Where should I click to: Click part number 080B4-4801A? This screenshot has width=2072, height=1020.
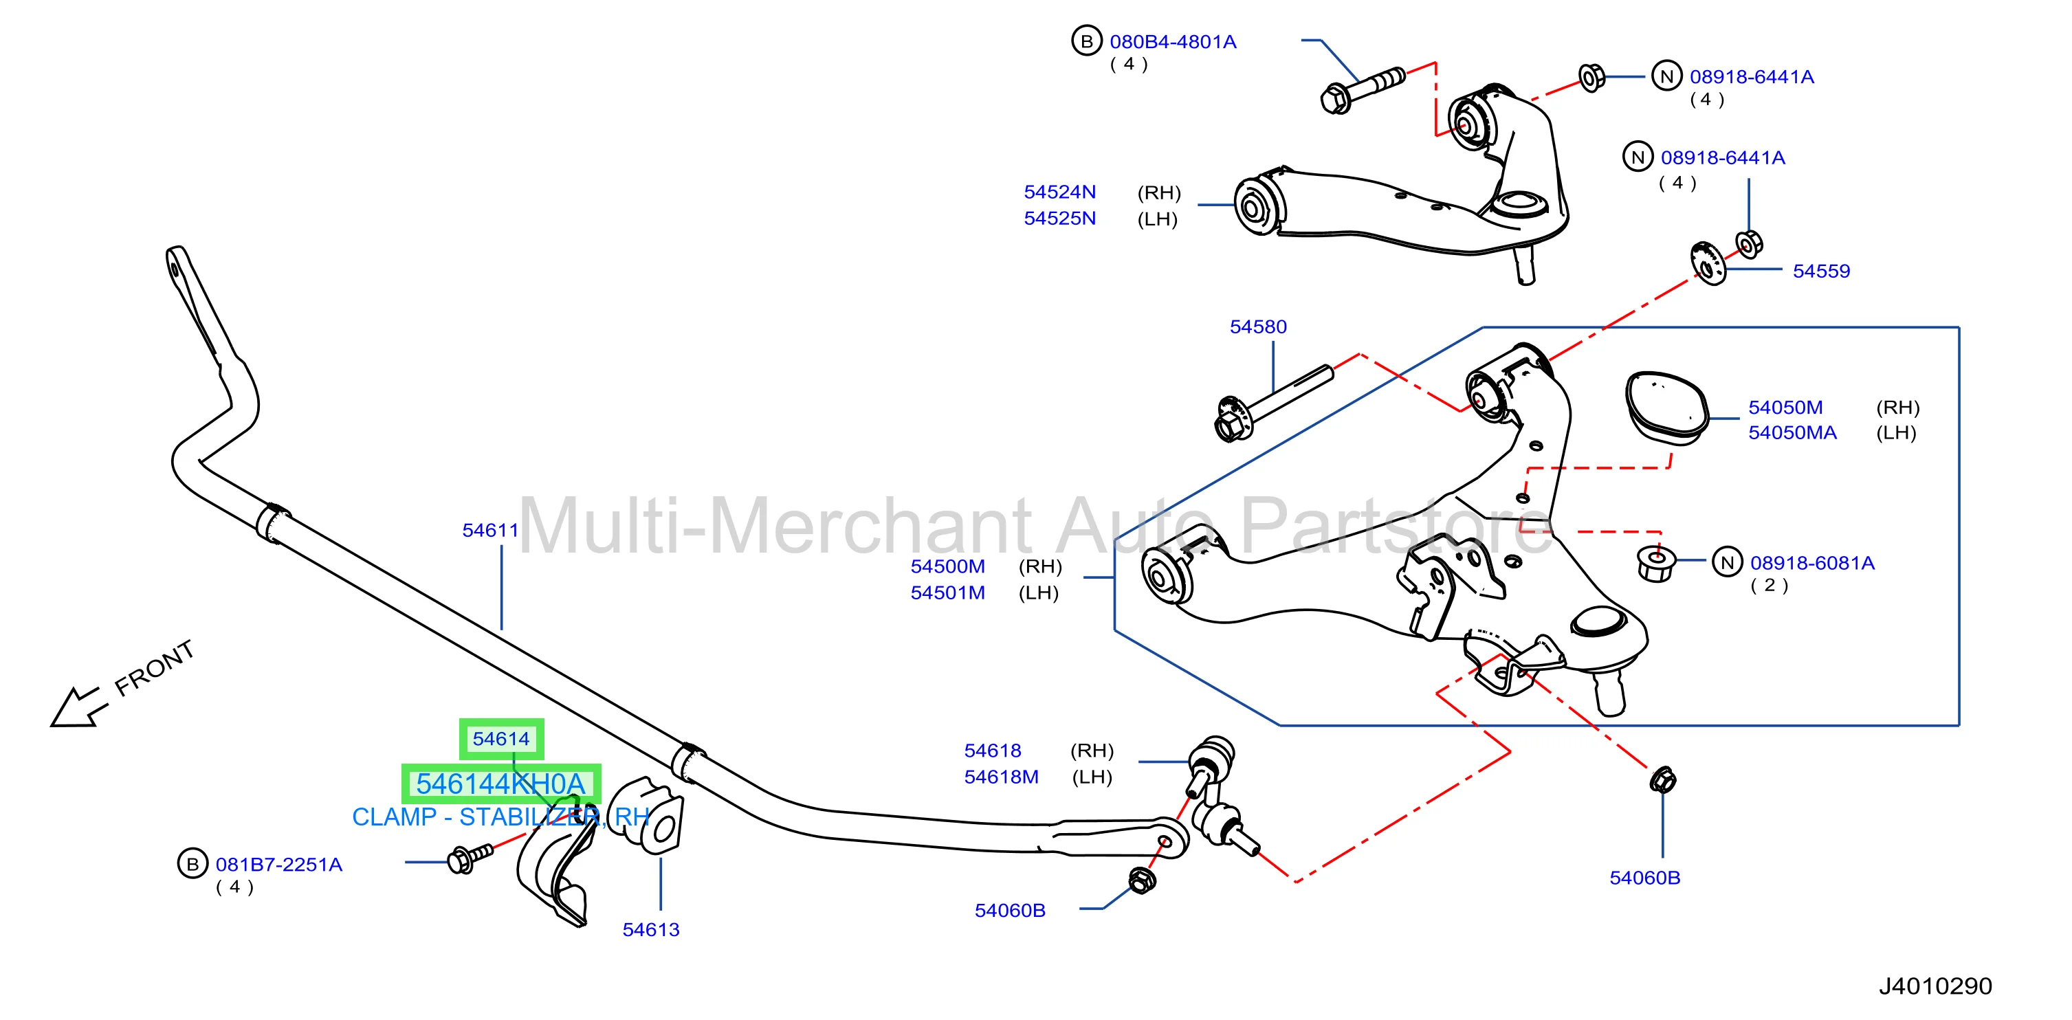click(1172, 42)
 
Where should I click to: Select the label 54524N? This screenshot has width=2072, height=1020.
click(1059, 192)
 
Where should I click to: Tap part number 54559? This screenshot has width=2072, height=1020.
click(1821, 271)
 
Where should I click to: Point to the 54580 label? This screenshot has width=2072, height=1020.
click(1258, 326)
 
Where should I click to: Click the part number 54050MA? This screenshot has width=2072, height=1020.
click(1792, 433)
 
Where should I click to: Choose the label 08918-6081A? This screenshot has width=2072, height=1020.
click(1812, 563)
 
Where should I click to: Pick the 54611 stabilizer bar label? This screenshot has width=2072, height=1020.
click(490, 530)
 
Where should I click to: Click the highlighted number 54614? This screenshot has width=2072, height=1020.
click(501, 738)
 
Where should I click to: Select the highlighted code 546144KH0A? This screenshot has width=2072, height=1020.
click(500, 784)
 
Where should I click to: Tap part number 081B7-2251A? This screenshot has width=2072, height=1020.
click(278, 865)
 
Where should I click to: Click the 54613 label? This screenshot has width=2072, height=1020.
click(651, 930)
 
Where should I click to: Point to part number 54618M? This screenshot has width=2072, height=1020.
click(1002, 777)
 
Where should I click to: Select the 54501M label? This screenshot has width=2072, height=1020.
click(947, 593)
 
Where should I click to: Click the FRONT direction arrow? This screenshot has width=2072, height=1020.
click(79, 707)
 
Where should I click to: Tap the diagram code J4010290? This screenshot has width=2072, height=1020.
click(1935, 986)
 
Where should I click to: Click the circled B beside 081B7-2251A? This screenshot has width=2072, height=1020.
click(192, 864)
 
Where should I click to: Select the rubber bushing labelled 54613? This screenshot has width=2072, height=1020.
click(647, 814)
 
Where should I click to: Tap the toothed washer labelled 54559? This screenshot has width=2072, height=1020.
click(1708, 263)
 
